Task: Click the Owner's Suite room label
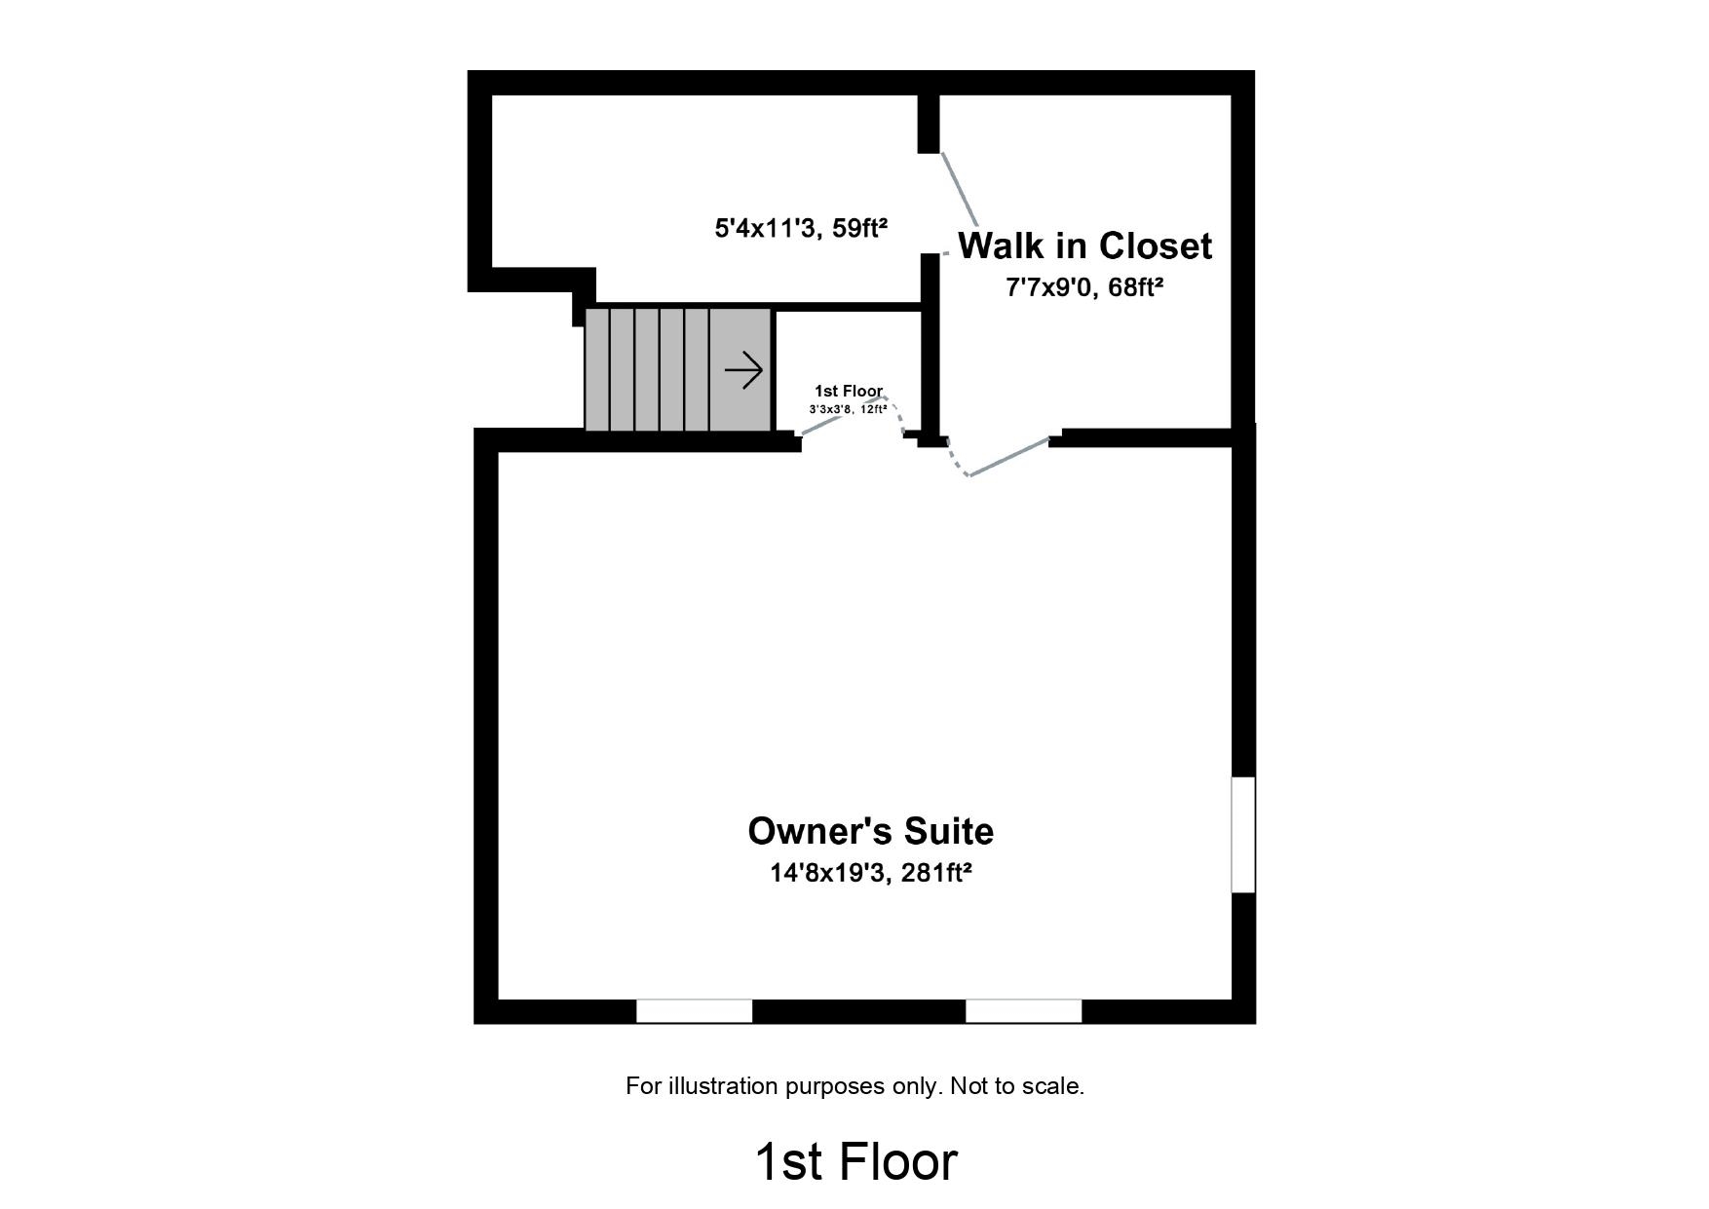coord(870,831)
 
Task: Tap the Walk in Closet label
coord(1084,246)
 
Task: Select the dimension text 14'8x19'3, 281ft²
coord(870,873)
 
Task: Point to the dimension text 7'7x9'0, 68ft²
coord(1084,287)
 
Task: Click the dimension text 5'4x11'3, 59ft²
coord(801,229)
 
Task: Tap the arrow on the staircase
coord(743,370)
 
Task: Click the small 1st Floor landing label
coord(848,391)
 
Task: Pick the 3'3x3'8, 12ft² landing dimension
coord(848,409)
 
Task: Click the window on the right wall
coord(1243,834)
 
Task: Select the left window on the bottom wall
coord(694,1011)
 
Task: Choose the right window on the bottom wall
coord(1023,1011)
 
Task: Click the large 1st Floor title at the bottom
coord(855,1161)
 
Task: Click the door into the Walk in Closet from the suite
coord(1007,457)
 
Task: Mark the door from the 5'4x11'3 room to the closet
coord(959,189)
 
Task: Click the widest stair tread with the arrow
coord(741,370)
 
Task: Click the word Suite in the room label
coord(948,831)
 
